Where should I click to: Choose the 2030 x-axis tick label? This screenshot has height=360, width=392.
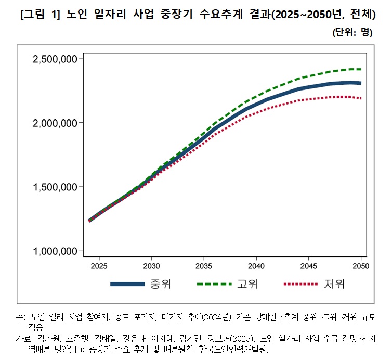(x=151, y=265)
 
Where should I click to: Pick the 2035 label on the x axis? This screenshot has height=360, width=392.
(x=204, y=265)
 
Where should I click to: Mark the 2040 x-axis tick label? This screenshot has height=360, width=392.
(x=256, y=265)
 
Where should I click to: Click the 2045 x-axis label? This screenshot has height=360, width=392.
(x=309, y=265)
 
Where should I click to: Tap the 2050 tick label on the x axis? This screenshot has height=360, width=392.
(x=361, y=265)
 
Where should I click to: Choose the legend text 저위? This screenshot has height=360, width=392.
(x=334, y=284)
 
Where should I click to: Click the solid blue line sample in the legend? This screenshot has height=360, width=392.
(x=126, y=284)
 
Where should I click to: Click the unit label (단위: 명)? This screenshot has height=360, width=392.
(x=352, y=32)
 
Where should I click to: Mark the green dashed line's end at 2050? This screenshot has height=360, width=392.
(x=361, y=69)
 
